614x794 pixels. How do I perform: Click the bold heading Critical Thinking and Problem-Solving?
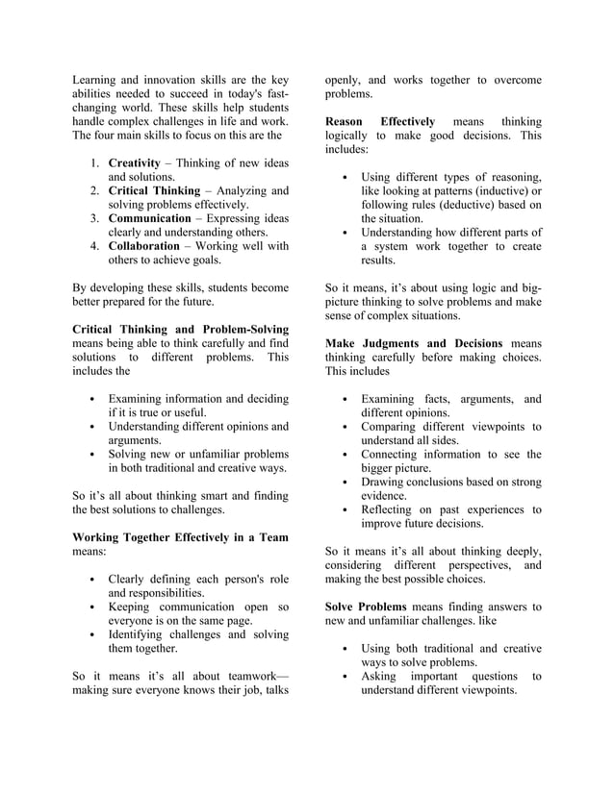(180, 330)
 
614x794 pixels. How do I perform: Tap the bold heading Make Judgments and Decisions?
(416, 343)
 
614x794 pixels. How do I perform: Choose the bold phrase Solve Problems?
(367, 607)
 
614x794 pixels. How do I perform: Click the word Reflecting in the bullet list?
(392, 509)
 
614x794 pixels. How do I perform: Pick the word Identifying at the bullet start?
(141, 634)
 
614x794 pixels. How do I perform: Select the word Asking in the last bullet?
(379, 676)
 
